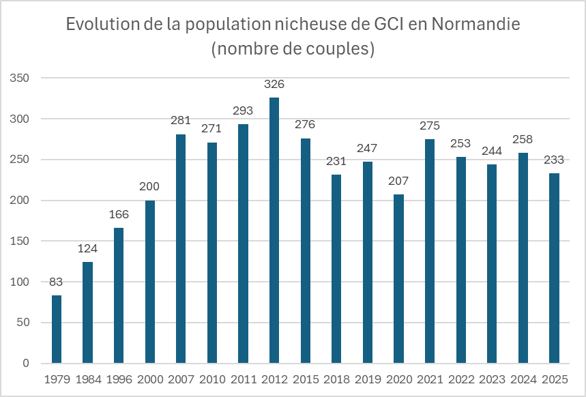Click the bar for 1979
(x=57, y=329)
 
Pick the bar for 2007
(x=181, y=248)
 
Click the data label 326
(x=274, y=85)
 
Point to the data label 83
(x=57, y=282)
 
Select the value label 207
(x=398, y=181)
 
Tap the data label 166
(x=119, y=215)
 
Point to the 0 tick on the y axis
(x=26, y=363)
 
